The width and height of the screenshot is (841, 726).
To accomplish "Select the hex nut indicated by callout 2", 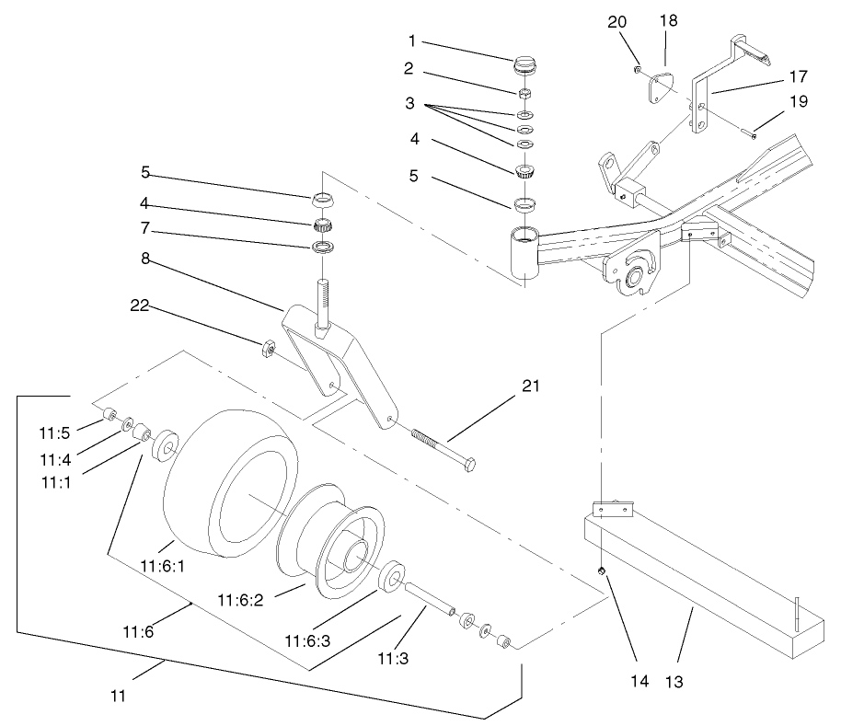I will point(524,94).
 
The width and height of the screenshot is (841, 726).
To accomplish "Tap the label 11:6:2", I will point(240,599).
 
